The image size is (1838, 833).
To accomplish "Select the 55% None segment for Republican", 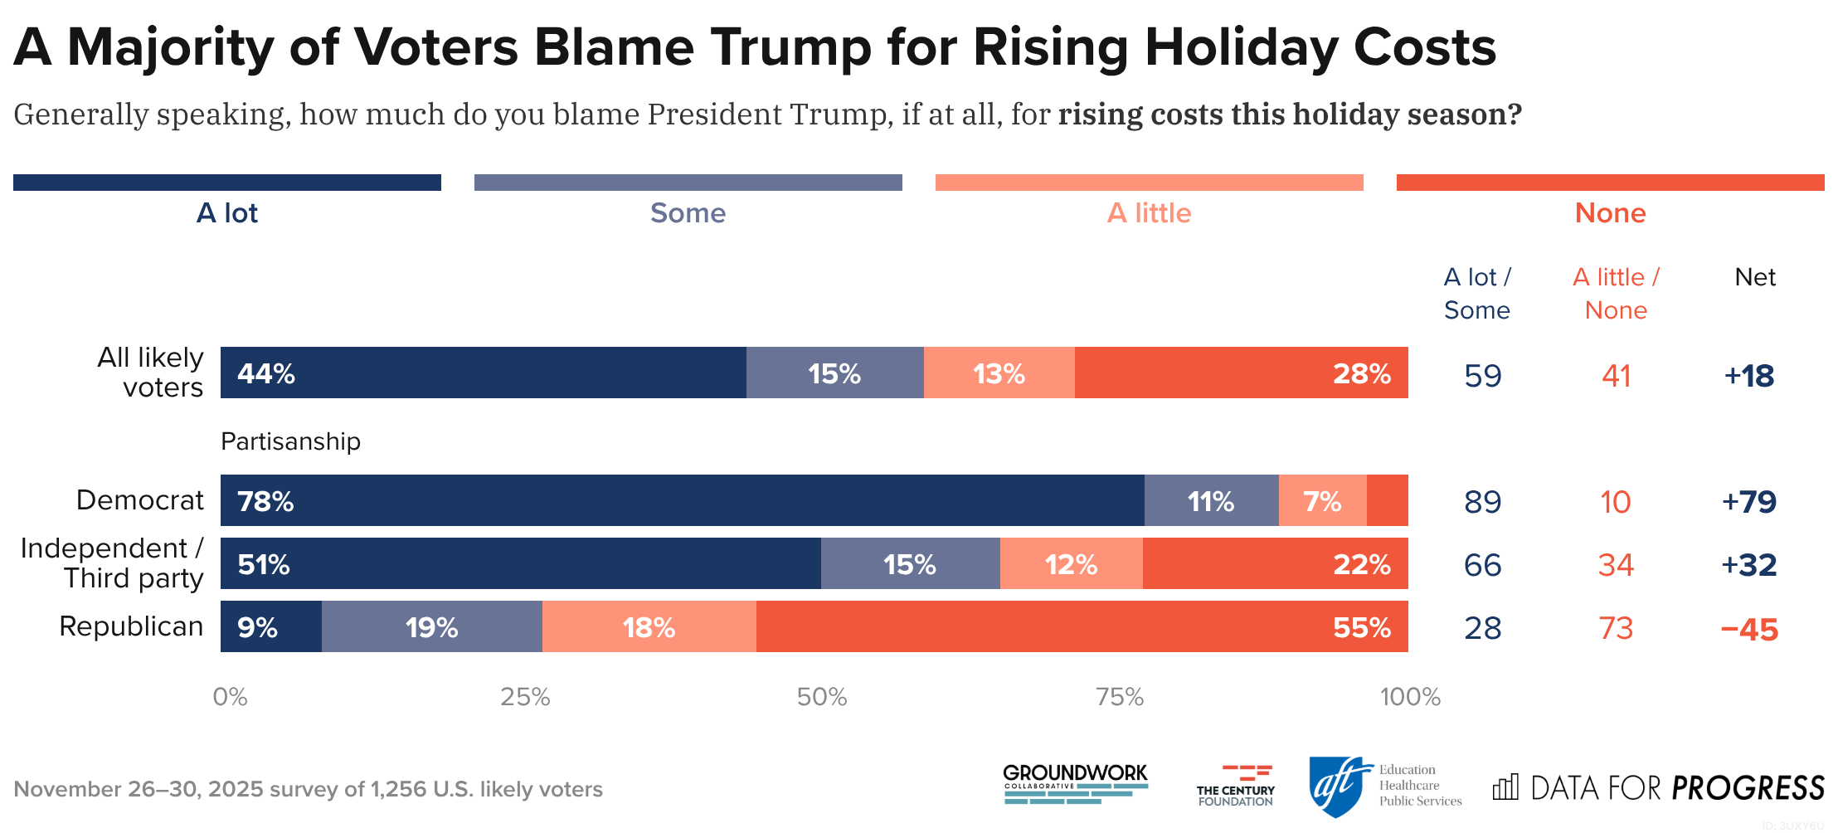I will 1082,626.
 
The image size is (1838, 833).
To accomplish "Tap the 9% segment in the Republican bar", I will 271,626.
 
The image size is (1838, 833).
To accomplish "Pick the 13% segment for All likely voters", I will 999,373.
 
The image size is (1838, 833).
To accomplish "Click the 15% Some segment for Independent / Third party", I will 910,563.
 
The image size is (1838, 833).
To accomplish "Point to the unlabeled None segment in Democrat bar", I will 1387,500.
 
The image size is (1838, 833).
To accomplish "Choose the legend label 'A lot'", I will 227,213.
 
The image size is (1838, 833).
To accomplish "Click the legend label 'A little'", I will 1149,213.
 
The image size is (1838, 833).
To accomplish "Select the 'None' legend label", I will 1610,213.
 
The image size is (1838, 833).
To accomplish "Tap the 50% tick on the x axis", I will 822,697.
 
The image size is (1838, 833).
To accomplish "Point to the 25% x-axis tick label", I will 525,697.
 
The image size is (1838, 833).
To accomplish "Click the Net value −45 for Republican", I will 1749,629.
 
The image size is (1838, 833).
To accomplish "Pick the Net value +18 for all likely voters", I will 1749,376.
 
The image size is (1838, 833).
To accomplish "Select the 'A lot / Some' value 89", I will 1482,502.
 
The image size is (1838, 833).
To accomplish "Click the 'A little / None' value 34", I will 1616,565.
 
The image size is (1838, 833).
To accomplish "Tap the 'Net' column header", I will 1755,277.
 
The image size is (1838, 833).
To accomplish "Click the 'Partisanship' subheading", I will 290,441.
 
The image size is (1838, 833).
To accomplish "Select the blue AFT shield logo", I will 1336,786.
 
